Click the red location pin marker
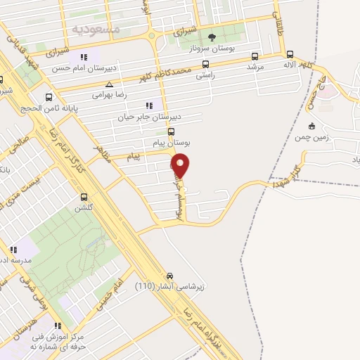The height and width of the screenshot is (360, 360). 181,165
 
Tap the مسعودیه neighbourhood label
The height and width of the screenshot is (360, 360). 97,29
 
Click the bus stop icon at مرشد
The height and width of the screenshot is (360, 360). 254,56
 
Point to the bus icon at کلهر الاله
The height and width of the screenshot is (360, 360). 290,54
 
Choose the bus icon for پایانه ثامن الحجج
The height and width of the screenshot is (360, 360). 49,98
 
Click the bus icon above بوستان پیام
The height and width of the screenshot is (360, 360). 170,131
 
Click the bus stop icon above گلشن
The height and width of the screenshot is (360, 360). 84,198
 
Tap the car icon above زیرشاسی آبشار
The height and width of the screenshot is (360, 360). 169,276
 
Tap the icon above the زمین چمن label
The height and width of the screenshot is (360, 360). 312,127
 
